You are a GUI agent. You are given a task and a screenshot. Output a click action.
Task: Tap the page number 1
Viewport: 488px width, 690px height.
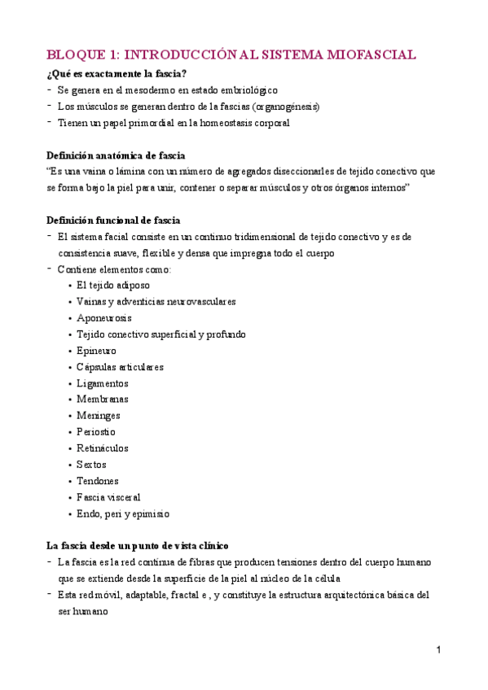click(437, 651)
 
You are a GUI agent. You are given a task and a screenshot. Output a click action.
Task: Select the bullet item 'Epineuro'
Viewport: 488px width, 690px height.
click(96, 351)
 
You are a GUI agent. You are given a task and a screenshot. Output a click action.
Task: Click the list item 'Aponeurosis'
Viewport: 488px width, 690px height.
click(103, 318)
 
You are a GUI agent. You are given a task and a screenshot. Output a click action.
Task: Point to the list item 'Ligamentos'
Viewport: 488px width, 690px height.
click(102, 383)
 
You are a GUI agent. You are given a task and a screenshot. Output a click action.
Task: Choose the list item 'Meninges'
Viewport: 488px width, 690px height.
click(99, 416)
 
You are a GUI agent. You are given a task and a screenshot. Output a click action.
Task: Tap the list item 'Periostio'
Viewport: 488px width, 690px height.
click(96, 432)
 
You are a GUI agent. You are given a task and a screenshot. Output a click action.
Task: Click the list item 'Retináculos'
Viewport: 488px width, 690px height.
click(102, 448)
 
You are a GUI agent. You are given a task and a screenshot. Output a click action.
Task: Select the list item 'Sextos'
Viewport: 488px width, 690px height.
click(91, 465)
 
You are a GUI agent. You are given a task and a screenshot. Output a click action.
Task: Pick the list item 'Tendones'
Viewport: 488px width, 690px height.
click(98, 481)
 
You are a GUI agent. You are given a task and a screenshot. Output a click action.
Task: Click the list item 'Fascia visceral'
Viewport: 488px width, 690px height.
click(108, 497)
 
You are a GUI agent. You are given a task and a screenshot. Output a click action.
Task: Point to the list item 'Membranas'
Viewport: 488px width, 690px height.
click(102, 400)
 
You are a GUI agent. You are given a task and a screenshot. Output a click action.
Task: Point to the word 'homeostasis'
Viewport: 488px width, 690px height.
click(217, 123)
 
